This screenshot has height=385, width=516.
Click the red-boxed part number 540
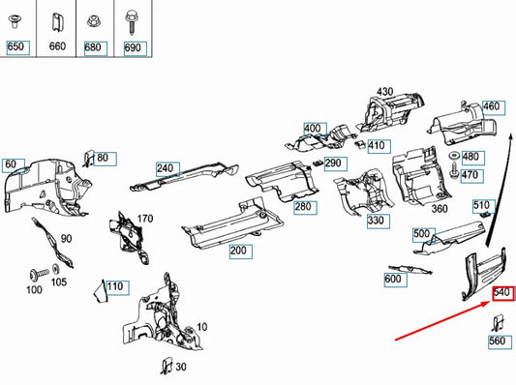point(502,292)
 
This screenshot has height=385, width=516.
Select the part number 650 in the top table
point(15,46)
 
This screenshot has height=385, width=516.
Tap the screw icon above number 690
point(131,22)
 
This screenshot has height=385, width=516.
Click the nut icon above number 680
point(93,21)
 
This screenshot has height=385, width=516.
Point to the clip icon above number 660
point(57,22)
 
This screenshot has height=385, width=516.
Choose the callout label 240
point(165,168)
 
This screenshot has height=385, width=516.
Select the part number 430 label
point(384,91)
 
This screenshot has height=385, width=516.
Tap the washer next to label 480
point(455,155)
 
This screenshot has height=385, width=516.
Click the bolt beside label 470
point(454,171)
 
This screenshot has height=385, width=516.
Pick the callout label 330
point(376,220)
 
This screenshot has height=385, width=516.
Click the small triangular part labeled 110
point(101,291)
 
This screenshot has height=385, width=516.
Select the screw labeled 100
point(39,275)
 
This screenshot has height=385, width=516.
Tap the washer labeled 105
point(56,269)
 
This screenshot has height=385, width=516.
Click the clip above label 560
point(498,323)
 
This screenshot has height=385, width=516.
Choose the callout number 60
point(11,164)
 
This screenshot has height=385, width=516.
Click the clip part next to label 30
point(167,366)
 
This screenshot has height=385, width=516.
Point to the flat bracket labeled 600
point(410,270)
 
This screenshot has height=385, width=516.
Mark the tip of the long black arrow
point(511,133)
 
